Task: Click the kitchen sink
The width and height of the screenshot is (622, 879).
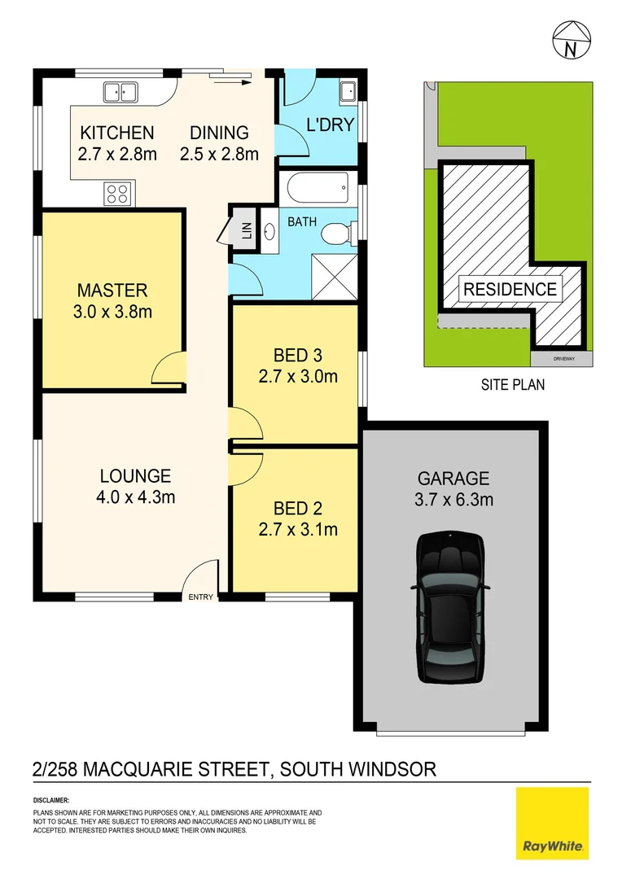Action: pyautogui.click(x=120, y=92)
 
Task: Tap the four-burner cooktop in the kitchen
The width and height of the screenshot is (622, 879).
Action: pyautogui.click(x=117, y=194)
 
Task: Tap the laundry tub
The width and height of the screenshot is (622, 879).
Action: pyautogui.click(x=347, y=90)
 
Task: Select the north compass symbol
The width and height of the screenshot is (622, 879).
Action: pyautogui.click(x=572, y=40)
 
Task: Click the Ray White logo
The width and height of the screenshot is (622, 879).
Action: pyautogui.click(x=552, y=823)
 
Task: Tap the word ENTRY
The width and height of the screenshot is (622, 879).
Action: pyautogui.click(x=200, y=597)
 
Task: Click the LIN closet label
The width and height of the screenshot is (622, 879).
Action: pyautogui.click(x=247, y=232)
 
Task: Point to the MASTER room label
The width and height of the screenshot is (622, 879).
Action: pyautogui.click(x=112, y=291)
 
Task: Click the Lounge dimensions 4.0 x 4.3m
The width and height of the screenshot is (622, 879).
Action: pyautogui.click(x=136, y=496)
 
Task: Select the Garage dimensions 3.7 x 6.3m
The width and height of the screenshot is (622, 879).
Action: pyautogui.click(x=453, y=500)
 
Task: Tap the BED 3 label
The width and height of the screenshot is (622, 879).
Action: pyautogui.click(x=297, y=356)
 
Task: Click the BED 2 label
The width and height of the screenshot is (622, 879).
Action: pyautogui.click(x=297, y=509)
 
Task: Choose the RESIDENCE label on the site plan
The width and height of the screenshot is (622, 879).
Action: pyautogui.click(x=510, y=289)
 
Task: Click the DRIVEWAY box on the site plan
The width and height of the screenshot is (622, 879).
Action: pyautogui.click(x=558, y=358)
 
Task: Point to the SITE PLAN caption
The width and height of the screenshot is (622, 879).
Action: pyautogui.click(x=512, y=385)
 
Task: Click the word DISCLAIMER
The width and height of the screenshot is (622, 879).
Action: pyautogui.click(x=51, y=801)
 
